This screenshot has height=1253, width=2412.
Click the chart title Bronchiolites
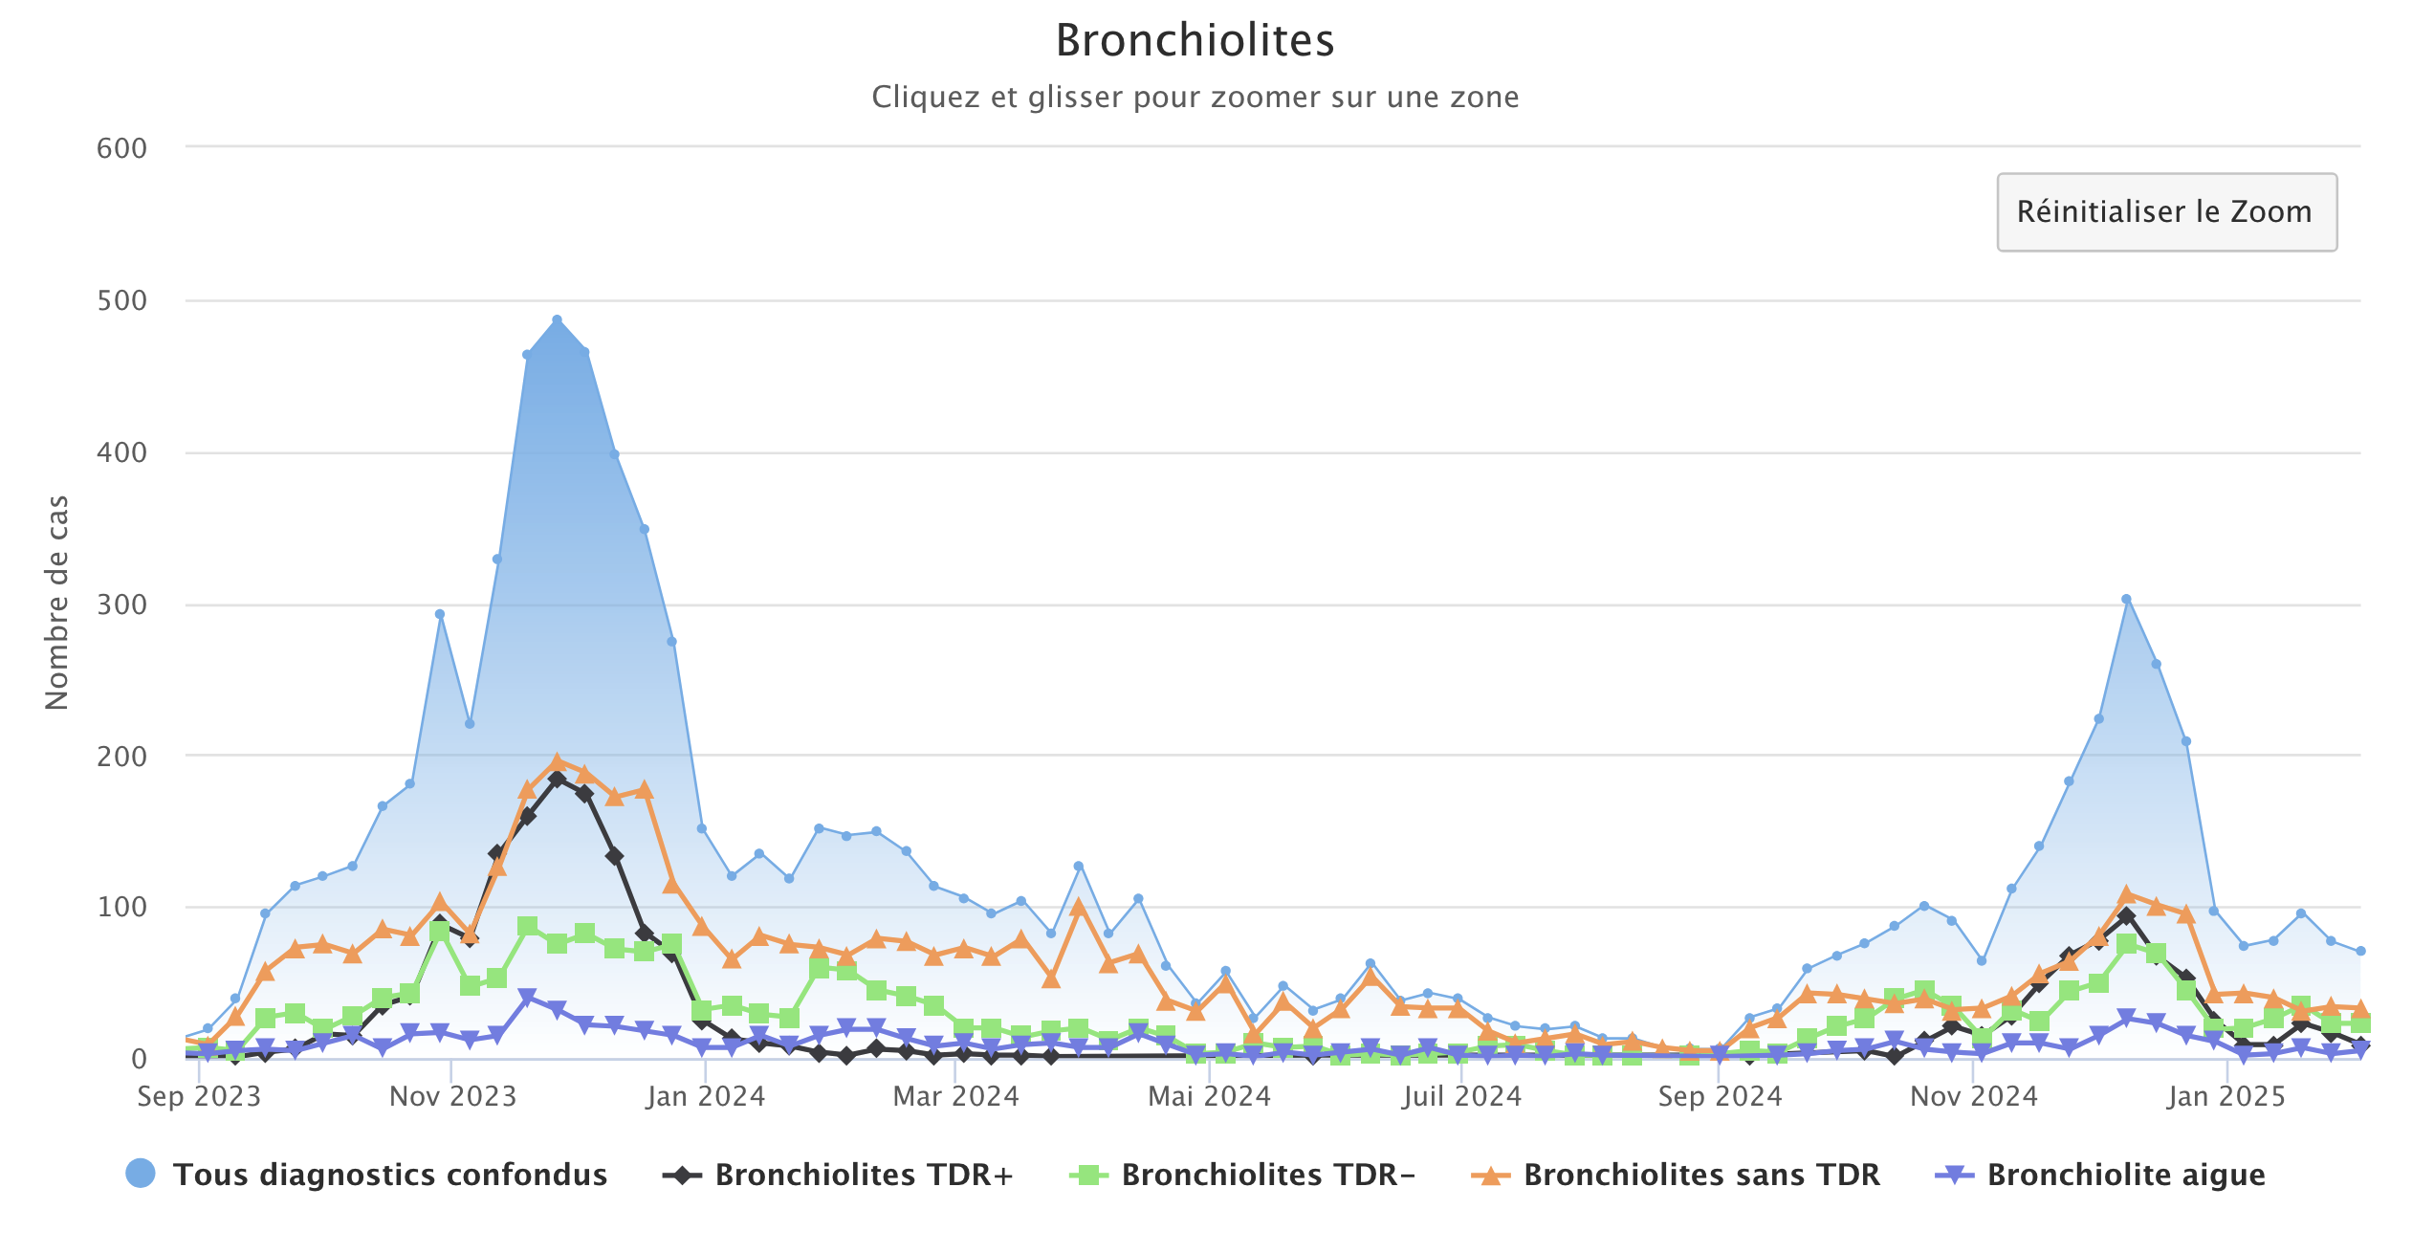[x=1195, y=40]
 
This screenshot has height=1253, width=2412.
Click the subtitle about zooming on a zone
[x=1195, y=97]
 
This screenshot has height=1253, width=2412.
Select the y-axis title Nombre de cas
[x=57, y=603]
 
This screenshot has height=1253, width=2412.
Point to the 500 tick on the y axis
[x=121, y=300]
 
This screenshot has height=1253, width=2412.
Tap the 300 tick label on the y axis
[x=121, y=605]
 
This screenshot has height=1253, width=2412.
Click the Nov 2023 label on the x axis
[x=452, y=1096]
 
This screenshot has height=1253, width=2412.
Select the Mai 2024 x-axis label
[x=1209, y=1096]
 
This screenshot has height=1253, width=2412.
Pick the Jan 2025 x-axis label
[x=2226, y=1096]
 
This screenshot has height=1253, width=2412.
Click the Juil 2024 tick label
[x=1461, y=1096]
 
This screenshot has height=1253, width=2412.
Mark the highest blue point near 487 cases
[x=557, y=320]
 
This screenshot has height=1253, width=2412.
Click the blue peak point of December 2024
[x=2126, y=600]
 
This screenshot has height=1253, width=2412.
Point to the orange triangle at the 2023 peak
[x=557, y=762]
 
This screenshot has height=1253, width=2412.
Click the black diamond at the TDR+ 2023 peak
[x=557, y=779]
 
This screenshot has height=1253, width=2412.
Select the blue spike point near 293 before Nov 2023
[x=440, y=614]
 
